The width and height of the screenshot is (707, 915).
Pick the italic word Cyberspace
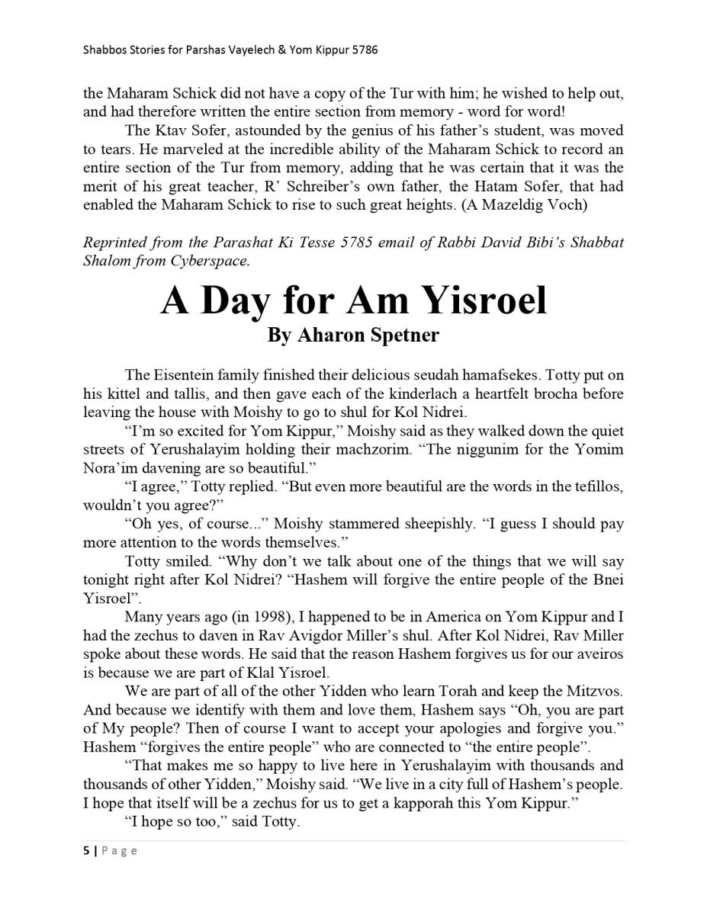(214, 261)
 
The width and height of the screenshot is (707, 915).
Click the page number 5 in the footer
(86, 851)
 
